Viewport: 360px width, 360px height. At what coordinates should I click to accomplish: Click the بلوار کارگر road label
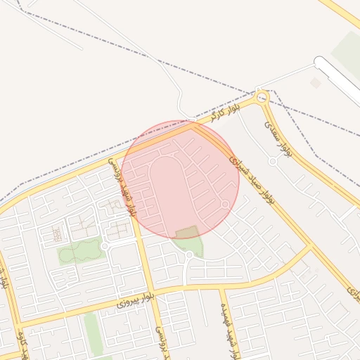pyautogui.click(x=226, y=111)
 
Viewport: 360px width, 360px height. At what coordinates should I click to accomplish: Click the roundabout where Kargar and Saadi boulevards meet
pyautogui.click(x=262, y=97)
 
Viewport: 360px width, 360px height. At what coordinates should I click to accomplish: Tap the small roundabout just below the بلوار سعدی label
pyautogui.click(x=272, y=161)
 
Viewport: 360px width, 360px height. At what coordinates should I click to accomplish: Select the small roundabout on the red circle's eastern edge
pyautogui.click(x=225, y=205)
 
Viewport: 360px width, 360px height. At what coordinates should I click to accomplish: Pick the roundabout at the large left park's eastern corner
pyautogui.click(x=104, y=246)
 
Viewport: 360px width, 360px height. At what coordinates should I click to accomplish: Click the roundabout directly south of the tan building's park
pyautogui.click(x=189, y=255)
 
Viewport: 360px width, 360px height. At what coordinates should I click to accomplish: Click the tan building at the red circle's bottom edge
pyautogui.click(x=187, y=232)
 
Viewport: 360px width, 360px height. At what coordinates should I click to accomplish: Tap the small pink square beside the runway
pyautogui.click(x=316, y=83)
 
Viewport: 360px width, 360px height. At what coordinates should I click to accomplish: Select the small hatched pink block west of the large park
pyautogui.click(x=57, y=233)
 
